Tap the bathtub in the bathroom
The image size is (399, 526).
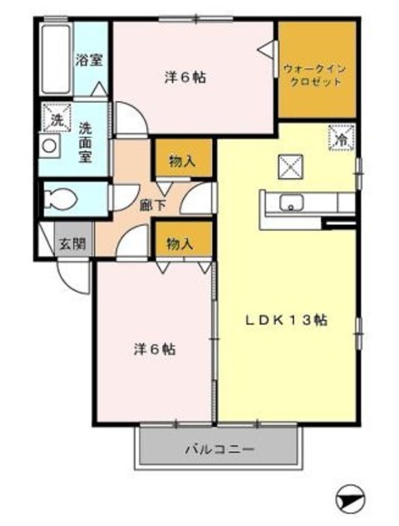[x=55, y=60]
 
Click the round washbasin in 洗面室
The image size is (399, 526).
[x=49, y=146]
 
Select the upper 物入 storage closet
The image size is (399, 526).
[x=181, y=161]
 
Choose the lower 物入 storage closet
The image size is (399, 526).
[x=181, y=243]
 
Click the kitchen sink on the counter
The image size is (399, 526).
[x=291, y=203]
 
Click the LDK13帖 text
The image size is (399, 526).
[x=290, y=321]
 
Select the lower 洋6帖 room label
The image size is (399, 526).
[x=154, y=348]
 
